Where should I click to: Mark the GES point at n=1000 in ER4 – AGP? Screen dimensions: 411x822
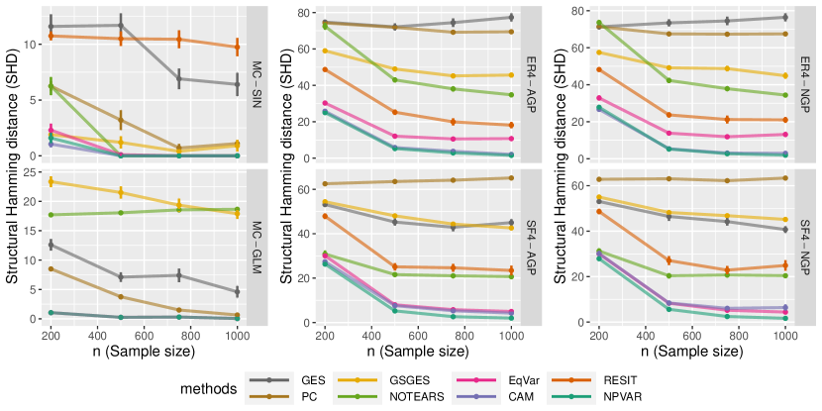tap(511, 17)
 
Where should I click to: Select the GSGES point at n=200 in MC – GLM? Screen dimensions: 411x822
tap(51, 181)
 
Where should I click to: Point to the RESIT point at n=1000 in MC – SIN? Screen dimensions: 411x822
tap(238, 47)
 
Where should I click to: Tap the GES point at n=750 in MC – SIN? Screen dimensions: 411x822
tap(178, 77)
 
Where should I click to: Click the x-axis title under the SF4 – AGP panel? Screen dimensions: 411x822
tap(417, 353)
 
